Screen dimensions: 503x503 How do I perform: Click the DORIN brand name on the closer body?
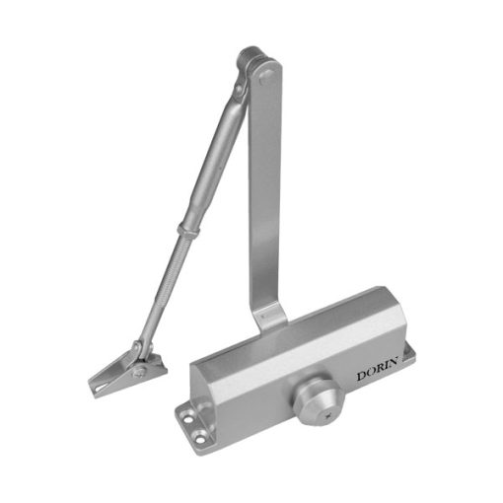[378, 369]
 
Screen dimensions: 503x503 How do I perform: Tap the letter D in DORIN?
[362, 376]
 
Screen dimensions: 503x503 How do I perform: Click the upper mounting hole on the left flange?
[188, 419]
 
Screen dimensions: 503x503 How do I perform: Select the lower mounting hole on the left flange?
[200, 438]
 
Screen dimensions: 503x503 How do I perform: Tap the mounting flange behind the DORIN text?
[407, 355]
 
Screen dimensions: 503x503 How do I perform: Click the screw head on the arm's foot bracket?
[138, 373]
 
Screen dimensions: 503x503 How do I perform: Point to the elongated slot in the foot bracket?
[101, 388]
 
